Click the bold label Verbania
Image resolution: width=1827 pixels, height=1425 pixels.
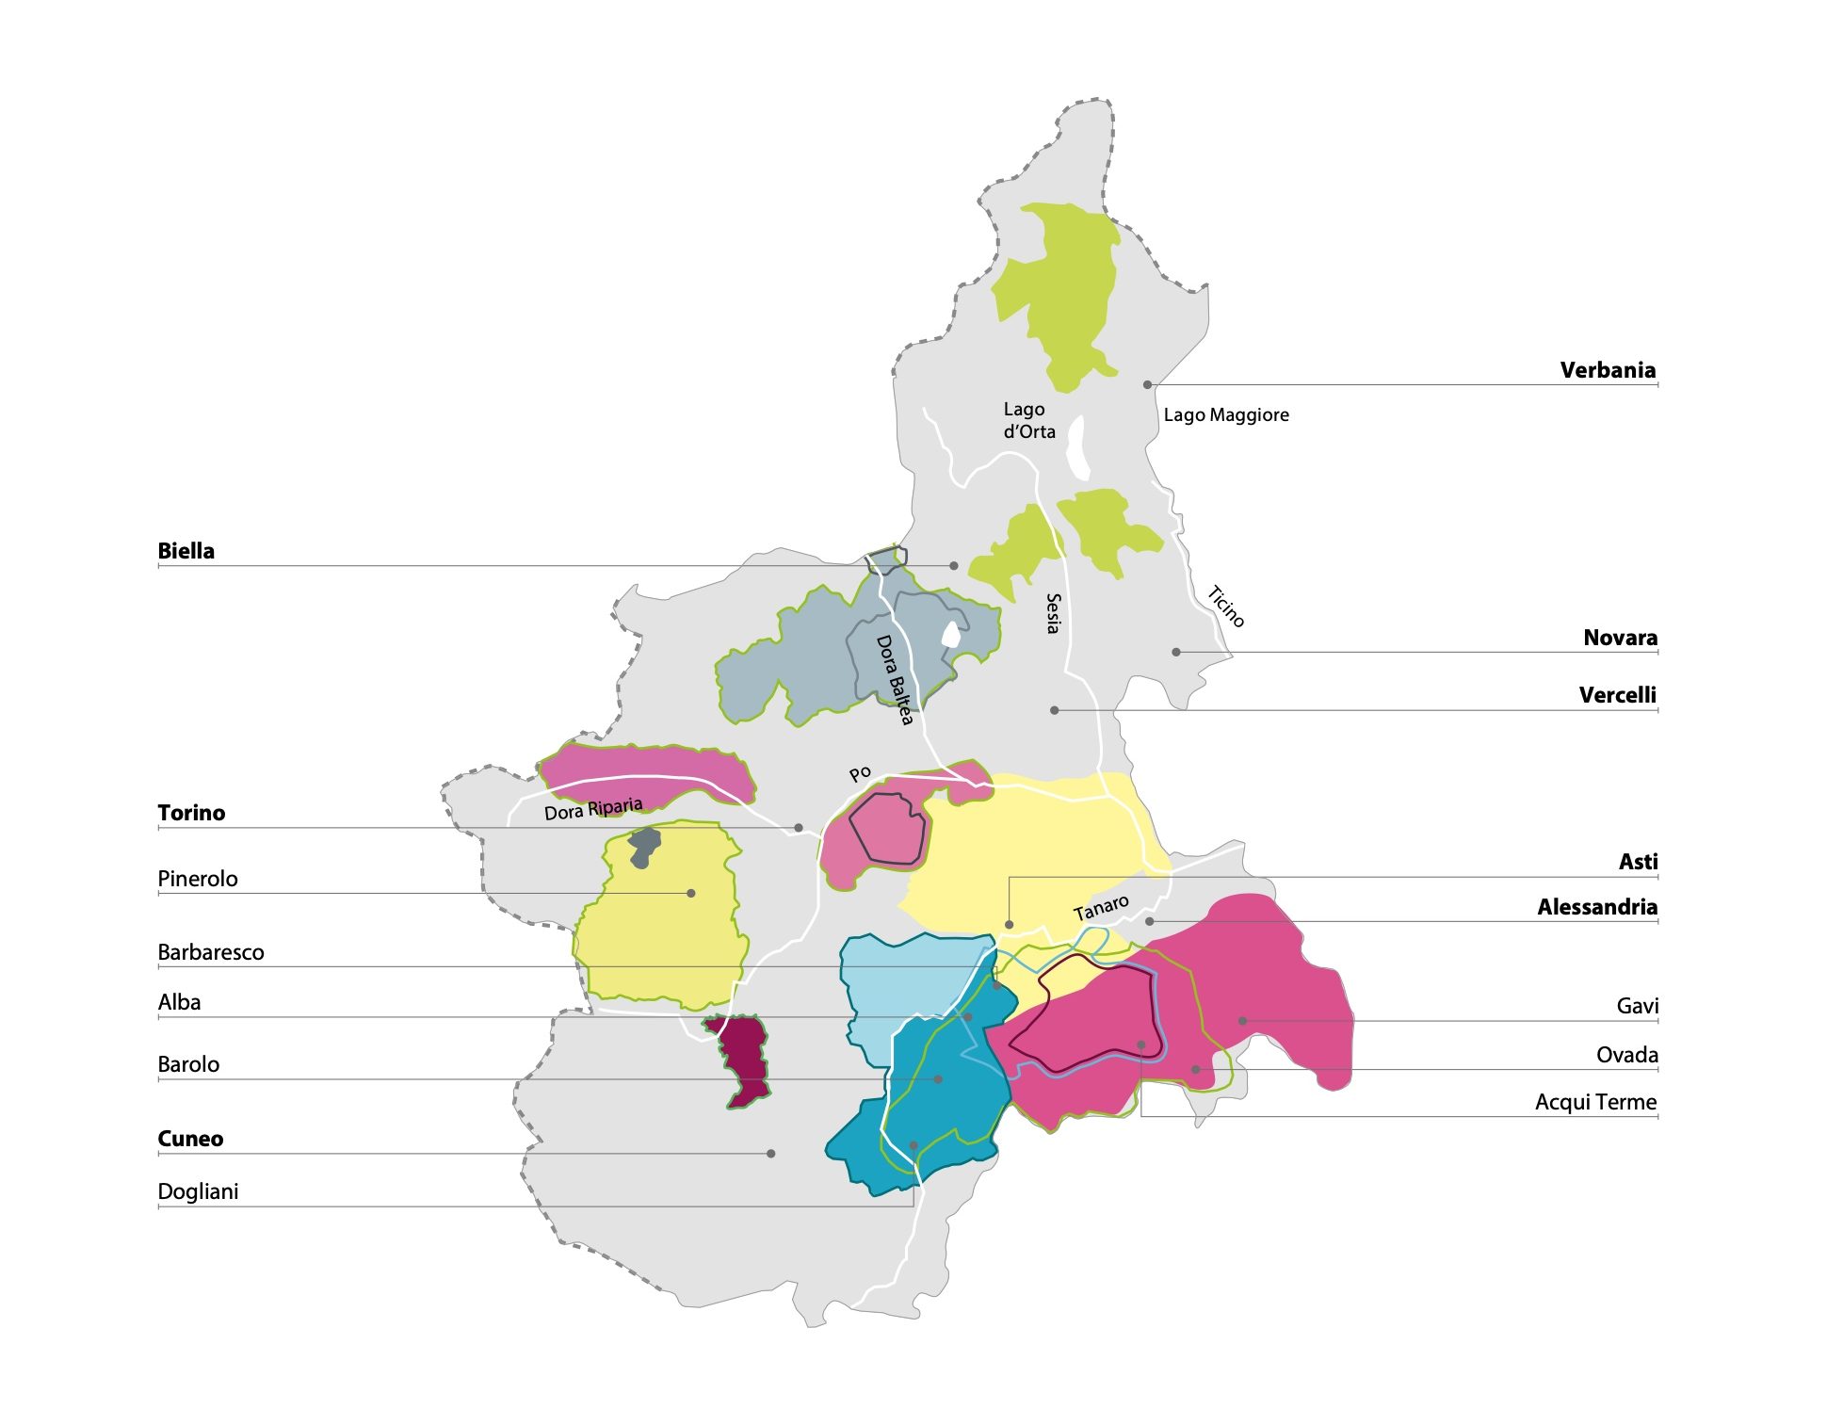coord(1607,370)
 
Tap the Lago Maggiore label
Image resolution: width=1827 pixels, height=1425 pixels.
coord(1225,415)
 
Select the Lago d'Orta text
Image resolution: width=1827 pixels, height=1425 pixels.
coord(1028,421)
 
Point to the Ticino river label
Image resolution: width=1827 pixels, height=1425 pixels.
coord(1226,607)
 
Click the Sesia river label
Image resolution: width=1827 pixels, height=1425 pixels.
coord(1054,613)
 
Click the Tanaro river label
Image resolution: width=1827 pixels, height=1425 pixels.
coord(1101,908)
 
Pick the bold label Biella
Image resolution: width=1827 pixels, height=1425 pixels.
coord(186,551)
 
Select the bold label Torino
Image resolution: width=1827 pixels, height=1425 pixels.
coord(191,813)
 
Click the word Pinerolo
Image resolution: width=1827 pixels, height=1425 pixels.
coord(197,879)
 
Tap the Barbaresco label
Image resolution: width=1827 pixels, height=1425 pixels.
coord(210,952)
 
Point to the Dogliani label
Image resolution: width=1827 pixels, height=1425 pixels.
coord(198,1191)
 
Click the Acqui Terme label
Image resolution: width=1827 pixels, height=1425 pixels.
coord(1595,1102)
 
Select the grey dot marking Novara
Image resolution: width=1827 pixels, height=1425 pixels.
coord(1175,652)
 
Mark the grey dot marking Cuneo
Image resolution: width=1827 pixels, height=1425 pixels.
coord(770,1153)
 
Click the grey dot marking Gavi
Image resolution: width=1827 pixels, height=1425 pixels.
coord(1242,1021)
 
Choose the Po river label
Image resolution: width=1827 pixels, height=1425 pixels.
coord(860,774)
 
